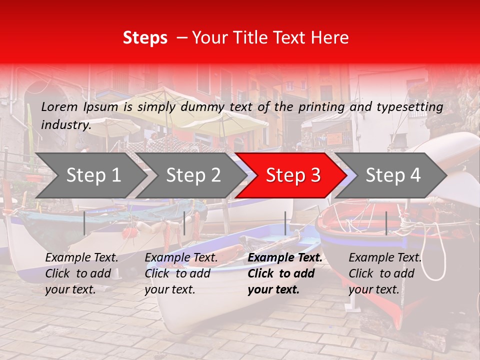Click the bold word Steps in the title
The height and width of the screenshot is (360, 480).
pos(145,38)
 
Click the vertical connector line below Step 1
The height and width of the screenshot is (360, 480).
pos(84,223)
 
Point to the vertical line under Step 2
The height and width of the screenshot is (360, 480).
pos(184,223)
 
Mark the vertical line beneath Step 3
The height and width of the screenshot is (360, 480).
pos(285,223)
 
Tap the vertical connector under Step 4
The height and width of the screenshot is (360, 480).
pos(386,223)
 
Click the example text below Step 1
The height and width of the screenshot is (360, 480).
pos(81,273)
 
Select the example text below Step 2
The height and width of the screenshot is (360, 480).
pos(181,273)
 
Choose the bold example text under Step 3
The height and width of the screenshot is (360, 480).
pos(284,273)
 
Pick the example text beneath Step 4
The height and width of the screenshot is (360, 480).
pos(385,273)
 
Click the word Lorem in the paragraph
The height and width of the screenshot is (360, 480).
pos(59,106)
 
